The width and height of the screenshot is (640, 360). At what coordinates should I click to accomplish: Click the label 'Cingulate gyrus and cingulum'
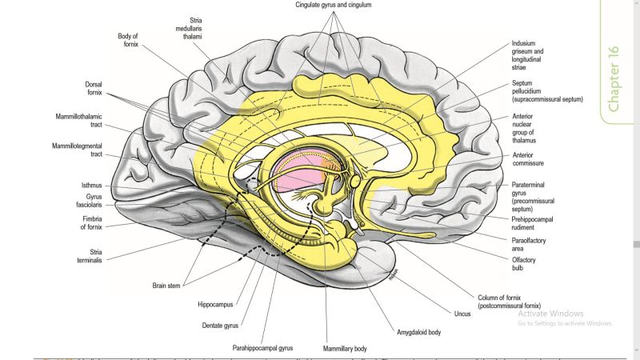pyautogui.click(x=334, y=5)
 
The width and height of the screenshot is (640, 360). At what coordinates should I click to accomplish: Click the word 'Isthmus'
pyautogui.click(x=92, y=185)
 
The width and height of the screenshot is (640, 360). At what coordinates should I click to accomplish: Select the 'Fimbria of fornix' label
pyautogui.click(x=90, y=223)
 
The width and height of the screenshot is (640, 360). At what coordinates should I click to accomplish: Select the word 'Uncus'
pyautogui.click(x=462, y=314)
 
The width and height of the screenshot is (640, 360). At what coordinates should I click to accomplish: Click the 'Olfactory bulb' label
pyautogui.click(x=523, y=265)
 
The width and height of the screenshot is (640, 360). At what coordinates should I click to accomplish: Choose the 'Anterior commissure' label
pyautogui.click(x=527, y=160)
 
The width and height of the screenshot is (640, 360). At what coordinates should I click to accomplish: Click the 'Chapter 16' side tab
pyautogui.click(x=614, y=78)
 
